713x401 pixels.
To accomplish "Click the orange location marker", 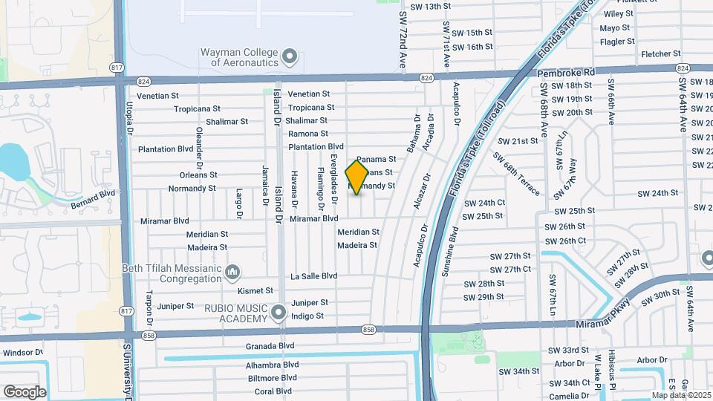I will pos(356,177).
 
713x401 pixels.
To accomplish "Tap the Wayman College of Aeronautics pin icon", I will pos(290,56).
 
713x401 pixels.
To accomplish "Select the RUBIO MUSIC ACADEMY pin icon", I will pos(279,312).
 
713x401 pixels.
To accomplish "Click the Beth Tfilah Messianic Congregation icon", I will pos(233,273).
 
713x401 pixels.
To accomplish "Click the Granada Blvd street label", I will pos(270,346).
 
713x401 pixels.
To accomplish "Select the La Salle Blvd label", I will pos(313,276).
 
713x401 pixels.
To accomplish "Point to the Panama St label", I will pos(376,159).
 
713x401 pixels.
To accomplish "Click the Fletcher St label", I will pos(660,53).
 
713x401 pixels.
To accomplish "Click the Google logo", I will pos(25,391).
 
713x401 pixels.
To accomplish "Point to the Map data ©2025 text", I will pos(681,395).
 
